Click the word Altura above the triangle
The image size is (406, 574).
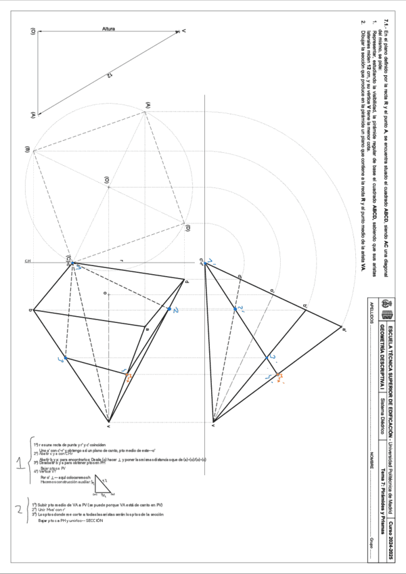click(108, 29)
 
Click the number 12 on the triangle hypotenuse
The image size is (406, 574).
click(108, 76)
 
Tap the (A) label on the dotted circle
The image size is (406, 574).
click(147, 104)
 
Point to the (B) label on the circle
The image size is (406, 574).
click(28, 150)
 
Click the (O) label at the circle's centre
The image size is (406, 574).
click(107, 180)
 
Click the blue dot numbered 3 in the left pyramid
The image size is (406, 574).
click(66, 357)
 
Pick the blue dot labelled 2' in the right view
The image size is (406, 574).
click(235, 309)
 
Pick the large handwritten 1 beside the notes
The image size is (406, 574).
click(20, 463)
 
